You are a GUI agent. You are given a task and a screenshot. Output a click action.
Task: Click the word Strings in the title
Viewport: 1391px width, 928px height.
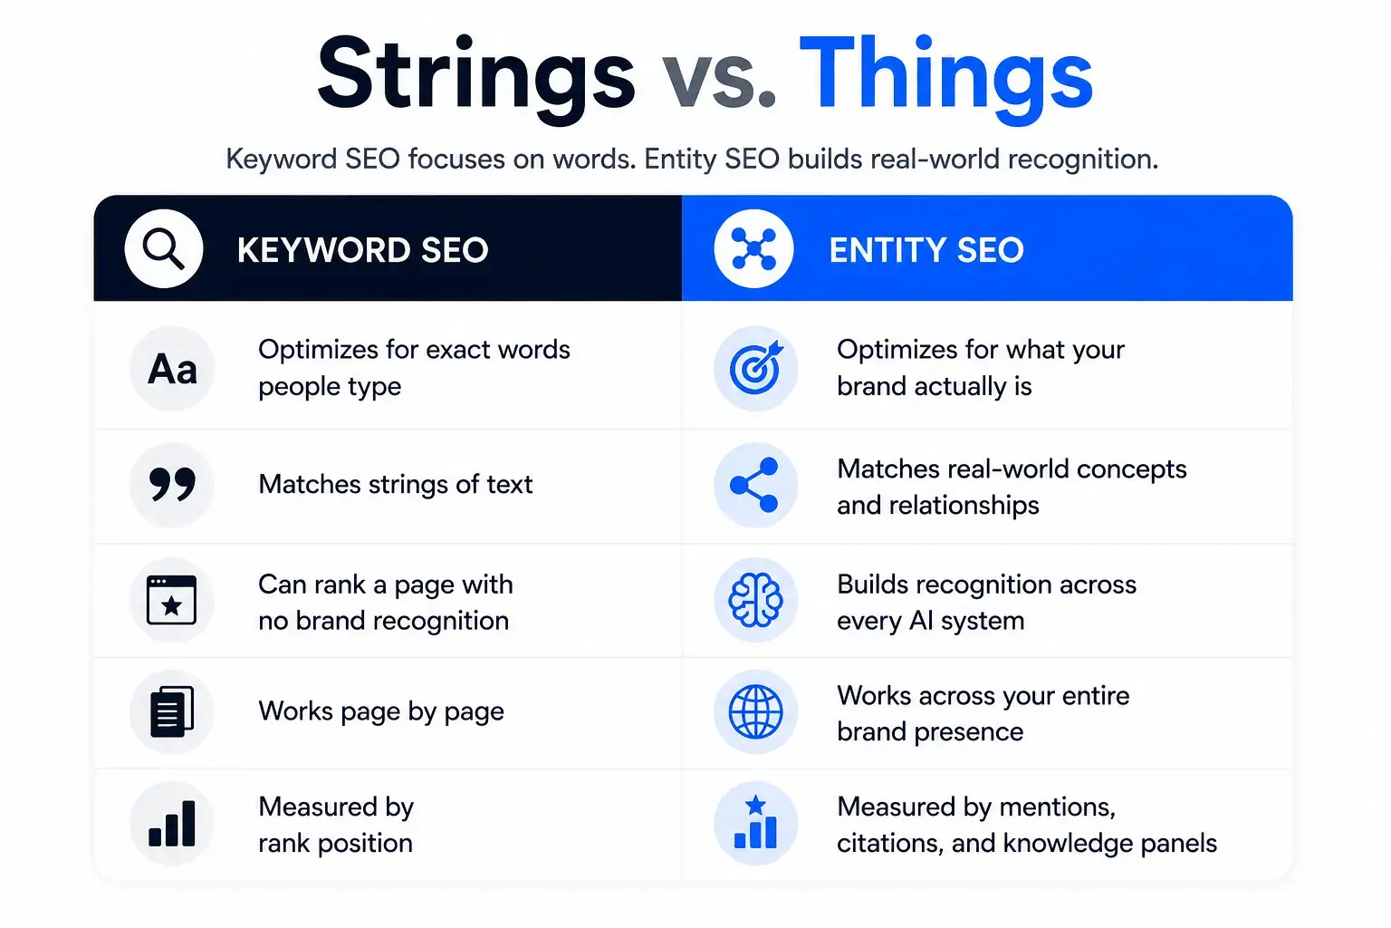(476, 78)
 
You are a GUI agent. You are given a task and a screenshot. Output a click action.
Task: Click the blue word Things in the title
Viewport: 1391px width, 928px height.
(945, 78)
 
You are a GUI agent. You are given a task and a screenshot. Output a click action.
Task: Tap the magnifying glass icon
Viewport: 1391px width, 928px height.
(163, 248)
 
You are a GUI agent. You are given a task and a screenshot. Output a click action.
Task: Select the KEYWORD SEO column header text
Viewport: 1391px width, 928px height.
(362, 250)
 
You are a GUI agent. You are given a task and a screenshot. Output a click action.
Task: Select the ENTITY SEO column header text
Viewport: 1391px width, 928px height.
(926, 250)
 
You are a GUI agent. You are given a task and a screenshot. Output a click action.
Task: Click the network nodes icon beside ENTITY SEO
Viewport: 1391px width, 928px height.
(753, 248)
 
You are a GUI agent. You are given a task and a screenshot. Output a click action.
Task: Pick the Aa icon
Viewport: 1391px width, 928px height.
(172, 369)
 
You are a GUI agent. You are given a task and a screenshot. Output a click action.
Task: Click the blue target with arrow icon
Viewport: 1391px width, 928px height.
(756, 369)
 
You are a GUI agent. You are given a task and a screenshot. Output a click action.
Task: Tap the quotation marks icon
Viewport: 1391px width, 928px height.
(172, 485)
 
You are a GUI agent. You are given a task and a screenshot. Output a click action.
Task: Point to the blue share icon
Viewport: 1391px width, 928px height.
(754, 485)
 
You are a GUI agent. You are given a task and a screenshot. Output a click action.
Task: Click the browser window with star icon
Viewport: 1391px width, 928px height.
(171, 600)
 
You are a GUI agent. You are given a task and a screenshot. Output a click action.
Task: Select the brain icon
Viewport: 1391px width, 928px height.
(755, 600)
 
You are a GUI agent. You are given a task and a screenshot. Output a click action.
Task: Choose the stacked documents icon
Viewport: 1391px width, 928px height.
(172, 711)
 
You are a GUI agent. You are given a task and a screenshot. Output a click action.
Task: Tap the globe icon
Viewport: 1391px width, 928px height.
(755, 711)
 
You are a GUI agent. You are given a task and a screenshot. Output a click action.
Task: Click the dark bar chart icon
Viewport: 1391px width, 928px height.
(172, 824)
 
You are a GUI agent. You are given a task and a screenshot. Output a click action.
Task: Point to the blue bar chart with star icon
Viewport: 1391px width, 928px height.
(755, 822)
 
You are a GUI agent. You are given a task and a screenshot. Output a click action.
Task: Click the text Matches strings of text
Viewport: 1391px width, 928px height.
(396, 484)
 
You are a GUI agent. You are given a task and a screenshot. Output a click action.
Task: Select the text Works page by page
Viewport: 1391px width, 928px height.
(381, 711)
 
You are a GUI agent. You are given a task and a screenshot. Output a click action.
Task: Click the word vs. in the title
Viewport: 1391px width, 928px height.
(718, 81)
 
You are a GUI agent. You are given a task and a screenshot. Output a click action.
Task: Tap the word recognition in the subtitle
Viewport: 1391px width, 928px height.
(1083, 159)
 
